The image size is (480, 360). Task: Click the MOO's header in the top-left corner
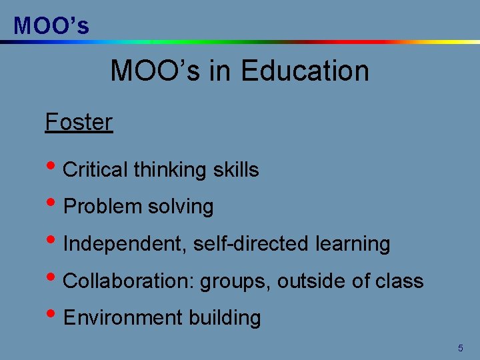click(x=51, y=25)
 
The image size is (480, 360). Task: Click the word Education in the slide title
click(x=305, y=71)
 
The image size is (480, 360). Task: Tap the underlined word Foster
click(x=79, y=122)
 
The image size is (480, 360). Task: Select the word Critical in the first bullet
click(x=95, y=170)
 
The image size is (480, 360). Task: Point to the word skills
click(x=236, y=170)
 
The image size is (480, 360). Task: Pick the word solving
click(x=181, y=207)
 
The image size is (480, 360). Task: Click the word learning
click(x=354, y=244)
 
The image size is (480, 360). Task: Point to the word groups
click(x=235, y=281)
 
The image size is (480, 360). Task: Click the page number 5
click(x=460, y=348)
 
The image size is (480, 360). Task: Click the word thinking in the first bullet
click(x=170, y=170)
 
